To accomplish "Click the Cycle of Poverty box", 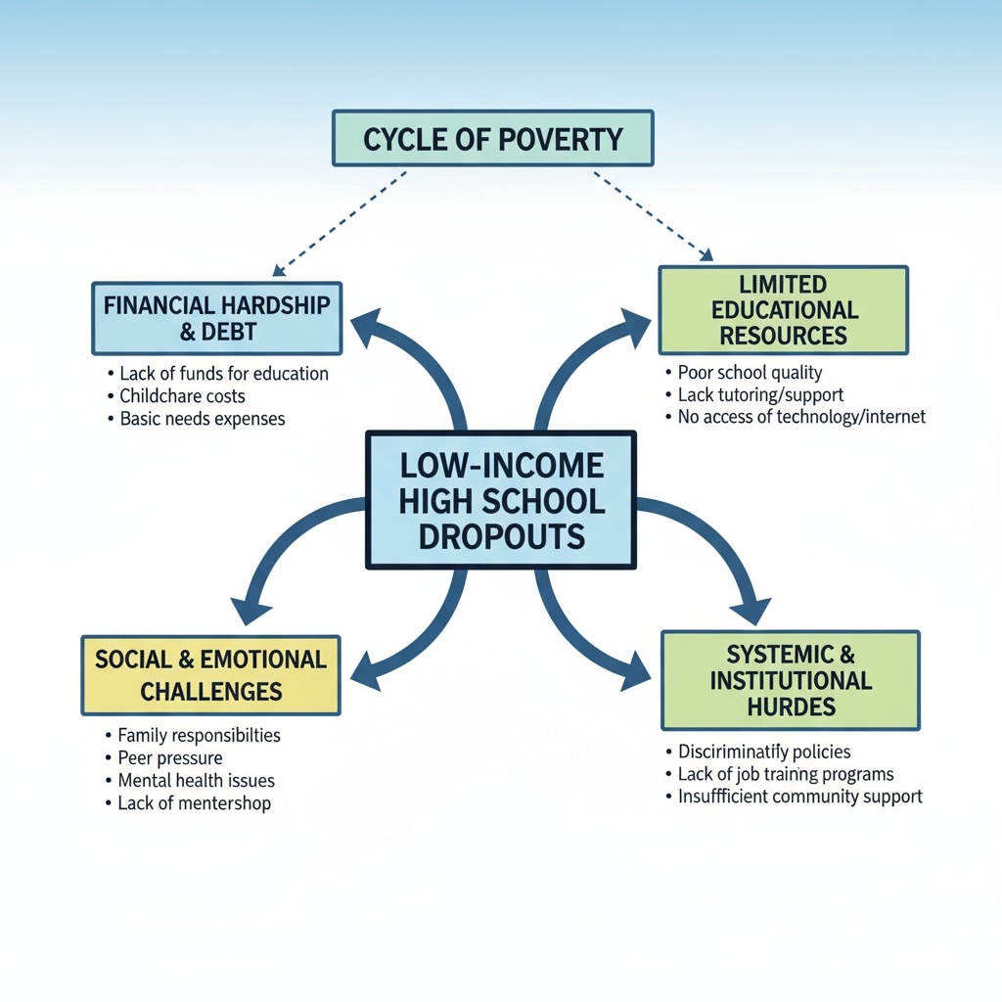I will click(x=492, y=139).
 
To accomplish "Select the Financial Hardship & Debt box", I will click(x=216, y=318).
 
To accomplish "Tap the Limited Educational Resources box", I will click(x=783, y=310).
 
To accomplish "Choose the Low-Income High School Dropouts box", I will click(x=500, y=500).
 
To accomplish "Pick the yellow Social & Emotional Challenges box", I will click(x=210, y=674).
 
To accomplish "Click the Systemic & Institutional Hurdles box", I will click(x=791, y=680).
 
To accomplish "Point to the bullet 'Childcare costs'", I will click(x=182, y=396).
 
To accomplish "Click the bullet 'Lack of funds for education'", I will click(x=223, y=374).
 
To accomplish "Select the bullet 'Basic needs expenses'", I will click(x=202, y=419).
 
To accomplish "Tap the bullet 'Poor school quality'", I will click(x=750, y=373).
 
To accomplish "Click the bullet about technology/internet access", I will click(x=800, y=417).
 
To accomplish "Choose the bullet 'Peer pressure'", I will click(x=169, y=758).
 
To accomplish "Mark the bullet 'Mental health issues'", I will click(x=196, y=781).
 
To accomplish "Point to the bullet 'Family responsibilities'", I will click(x=199, y=735).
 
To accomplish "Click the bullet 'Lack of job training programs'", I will click(x=786, y=774).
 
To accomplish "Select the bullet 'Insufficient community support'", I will click(x=799, y=797).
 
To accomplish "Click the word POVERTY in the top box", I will click(x=562, y=139).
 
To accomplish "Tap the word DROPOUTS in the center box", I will click(x=500, y=536).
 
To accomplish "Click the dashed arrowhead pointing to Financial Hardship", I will click(x=278, y=270).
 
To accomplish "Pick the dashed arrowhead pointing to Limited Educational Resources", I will click(x=706, y=256).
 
